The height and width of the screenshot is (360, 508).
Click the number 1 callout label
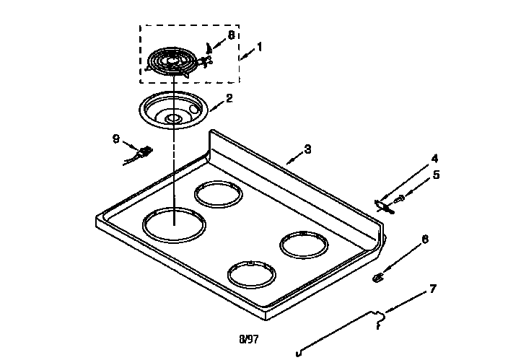tap(260, 46)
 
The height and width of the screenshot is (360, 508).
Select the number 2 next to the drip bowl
tap(229, 98)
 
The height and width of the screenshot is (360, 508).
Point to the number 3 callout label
tap(307, 149)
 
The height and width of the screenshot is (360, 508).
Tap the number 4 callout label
tap(434, 158)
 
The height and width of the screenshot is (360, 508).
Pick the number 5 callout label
tap(436, 175)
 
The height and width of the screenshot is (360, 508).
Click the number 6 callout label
tap(425, 239)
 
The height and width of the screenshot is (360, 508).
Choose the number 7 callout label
tap(432, 289)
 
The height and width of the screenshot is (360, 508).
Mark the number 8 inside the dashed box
tap(231, 34)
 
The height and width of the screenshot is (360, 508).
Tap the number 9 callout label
tap(115, 139)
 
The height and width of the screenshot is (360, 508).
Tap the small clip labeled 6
tap(377, 277)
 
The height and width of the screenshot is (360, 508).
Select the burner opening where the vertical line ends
tap(174, 224)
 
